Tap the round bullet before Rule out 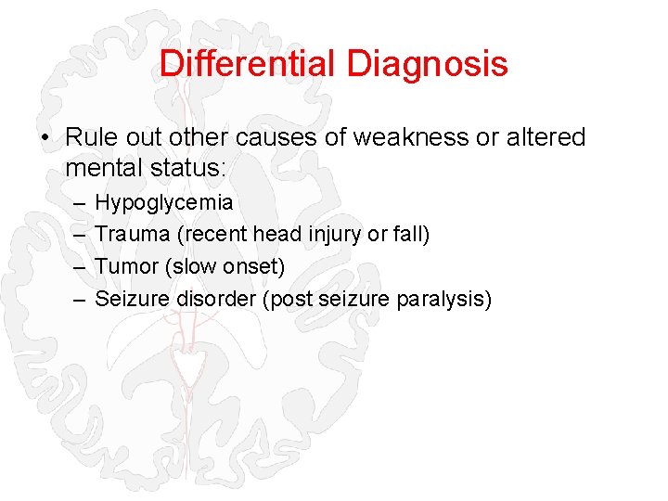point(45,138)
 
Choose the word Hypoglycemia point(163,202)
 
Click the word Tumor point(128,267)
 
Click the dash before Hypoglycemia point(74,202)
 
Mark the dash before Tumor point(74,267)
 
